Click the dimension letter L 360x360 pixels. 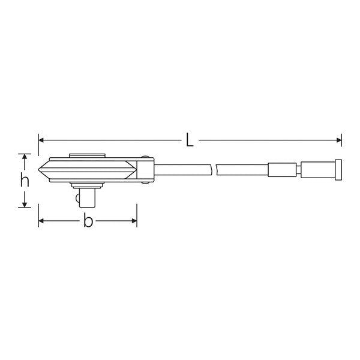190,140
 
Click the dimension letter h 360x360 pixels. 25,180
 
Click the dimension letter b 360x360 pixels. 88,220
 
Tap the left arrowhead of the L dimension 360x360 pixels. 41,140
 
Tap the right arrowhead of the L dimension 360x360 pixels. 339,140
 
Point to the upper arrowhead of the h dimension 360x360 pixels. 25,157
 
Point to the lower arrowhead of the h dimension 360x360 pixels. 25,205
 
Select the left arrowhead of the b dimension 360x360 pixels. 41,221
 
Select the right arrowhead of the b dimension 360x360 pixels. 134,221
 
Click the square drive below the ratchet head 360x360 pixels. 87,197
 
